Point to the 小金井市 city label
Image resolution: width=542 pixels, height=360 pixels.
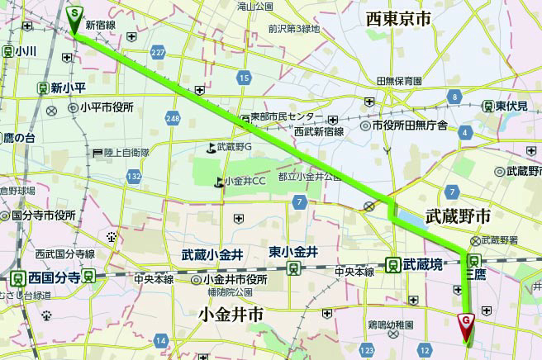tap(231, 314)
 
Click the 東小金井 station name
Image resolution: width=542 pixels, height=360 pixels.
tap(294, 252)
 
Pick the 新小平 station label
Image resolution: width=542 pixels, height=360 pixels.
tap(69, 87)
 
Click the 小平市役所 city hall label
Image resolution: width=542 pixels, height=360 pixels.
tap(107, 107)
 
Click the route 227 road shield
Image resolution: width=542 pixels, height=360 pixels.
tap(158, 53)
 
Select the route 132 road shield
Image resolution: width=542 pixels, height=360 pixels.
tap(135, 176)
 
